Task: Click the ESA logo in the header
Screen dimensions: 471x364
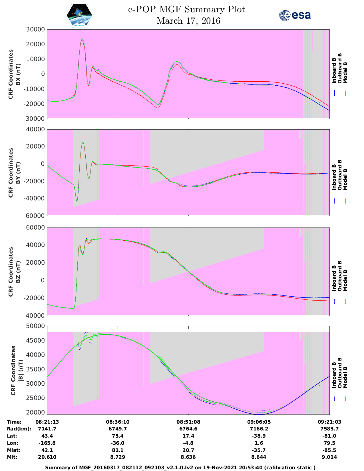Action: tap(295, 15)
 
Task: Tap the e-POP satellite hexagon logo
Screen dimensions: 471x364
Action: tap(80, 15)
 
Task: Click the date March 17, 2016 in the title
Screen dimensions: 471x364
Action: tap(188, 21)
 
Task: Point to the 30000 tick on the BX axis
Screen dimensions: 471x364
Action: tap(35, 29)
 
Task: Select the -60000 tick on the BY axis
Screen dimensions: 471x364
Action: tap(35, 216)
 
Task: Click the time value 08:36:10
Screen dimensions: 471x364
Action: tap(118, 422)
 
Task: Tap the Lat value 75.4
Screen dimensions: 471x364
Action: tap(118, 436)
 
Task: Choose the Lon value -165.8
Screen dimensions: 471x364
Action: tap(47, 443)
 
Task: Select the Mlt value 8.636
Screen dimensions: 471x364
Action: tap(188, 457)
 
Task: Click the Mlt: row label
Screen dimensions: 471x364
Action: tap(12, 457)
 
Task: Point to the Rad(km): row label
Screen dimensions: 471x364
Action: tap(19, 429)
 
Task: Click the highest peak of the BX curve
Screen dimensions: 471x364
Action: tap(82, 39)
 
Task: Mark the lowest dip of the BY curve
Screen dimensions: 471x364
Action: tap(77, 201)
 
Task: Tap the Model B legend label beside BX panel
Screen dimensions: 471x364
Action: tap(345, 73)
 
